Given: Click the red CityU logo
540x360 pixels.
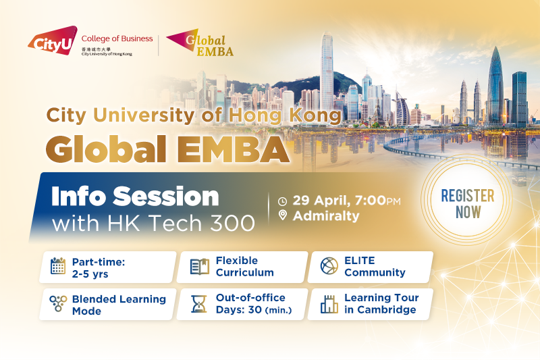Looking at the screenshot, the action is pyautogui.click(x=53, y=41).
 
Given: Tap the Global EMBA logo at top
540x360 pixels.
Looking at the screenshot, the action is pyautogui.click(x=200, y=43).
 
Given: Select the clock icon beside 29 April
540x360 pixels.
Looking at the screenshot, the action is pyautogui.click(x=282, y=201).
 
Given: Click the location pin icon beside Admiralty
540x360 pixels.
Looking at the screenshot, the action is pyautogui.click(x=282, y=215).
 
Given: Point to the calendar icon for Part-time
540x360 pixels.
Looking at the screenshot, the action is pyautogui.click(x=58, y=266).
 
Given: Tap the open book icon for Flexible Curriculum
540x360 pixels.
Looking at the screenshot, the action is pyautogui.click(x=200, y=267).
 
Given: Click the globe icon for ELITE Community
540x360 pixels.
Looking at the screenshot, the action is pyautogui.click(x=329, y=266).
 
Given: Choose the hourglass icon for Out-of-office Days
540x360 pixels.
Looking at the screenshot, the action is pyautogui.click(x=198, y=304).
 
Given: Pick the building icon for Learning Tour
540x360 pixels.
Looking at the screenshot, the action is pyautogui.click(x=329, y=304).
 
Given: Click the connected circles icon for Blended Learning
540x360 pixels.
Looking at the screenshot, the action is pyautogui.click(x=58, y=303).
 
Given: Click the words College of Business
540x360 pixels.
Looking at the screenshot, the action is pyautogui.click(x=117, y=38).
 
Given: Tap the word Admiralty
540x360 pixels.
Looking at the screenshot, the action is pyautogui.click(x=326, y=216).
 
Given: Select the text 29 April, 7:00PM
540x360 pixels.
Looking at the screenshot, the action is pyautogui.click(x=347, y=201).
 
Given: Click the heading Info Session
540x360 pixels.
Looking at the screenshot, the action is pyautogui.click(x=135, y=197).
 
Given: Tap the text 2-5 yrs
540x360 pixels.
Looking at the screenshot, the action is pyautogui.click(x=90, y=274).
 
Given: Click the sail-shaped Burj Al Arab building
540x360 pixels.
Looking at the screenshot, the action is pyautogui.click(x=402, y=108).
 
